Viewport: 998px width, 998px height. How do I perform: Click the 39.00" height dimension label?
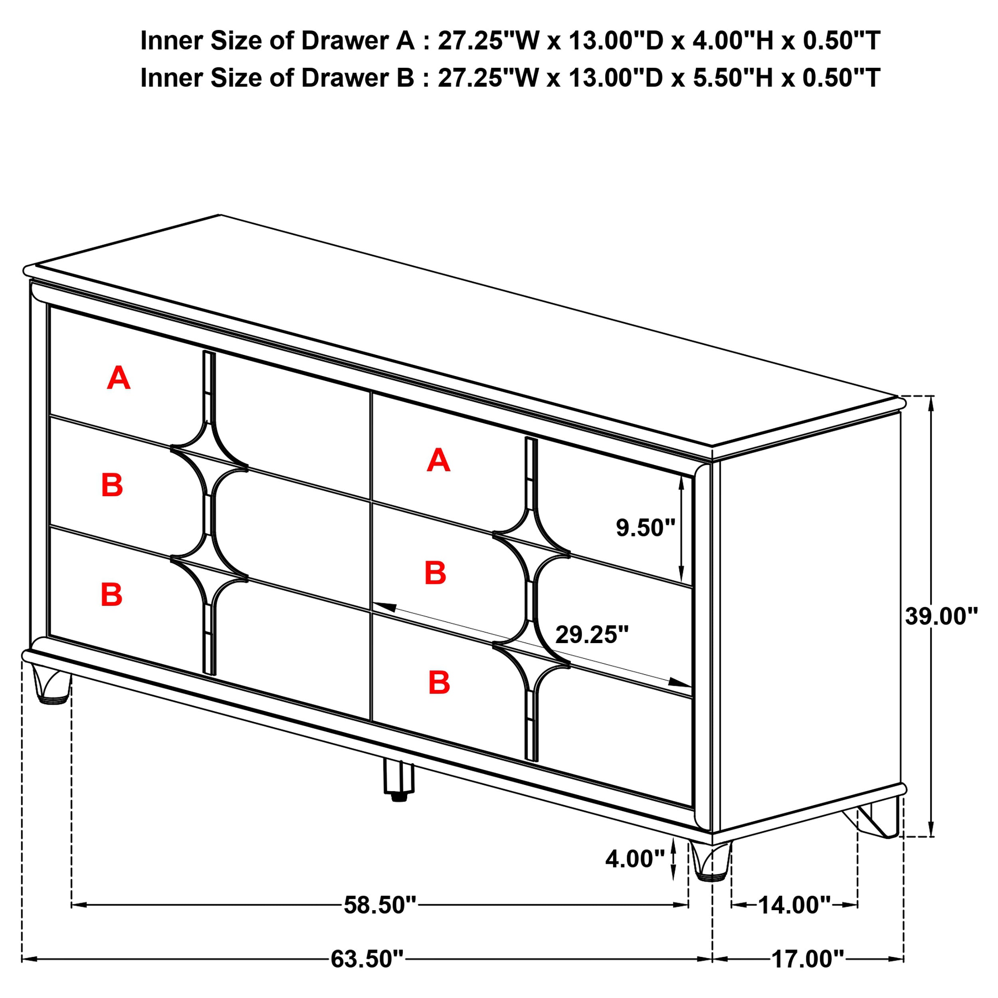click(941, 616)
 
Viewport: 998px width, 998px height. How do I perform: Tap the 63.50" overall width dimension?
click(367, 959)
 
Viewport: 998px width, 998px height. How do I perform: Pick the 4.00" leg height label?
click(635, 859)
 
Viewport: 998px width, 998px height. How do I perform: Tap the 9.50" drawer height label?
click(645, 528)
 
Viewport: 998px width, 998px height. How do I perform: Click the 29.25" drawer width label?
click(592, 635)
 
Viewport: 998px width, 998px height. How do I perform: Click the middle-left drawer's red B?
click(112, 485)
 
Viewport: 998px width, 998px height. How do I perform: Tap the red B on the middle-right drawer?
click(435, 573)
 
